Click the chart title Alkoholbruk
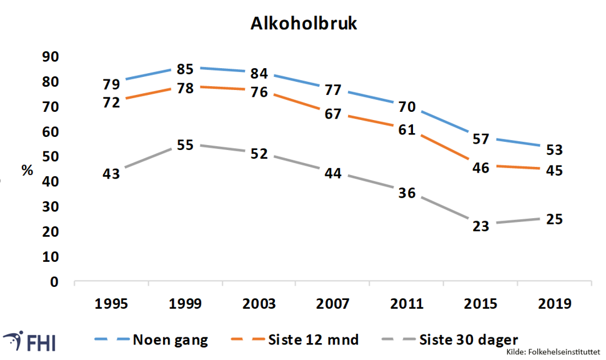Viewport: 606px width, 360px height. [304, 24]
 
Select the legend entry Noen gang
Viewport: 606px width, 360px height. [170, 340]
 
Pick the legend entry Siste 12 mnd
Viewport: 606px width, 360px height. [314, 340]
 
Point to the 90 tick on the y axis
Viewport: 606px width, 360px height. [49, 57]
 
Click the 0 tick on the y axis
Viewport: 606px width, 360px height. [54, 282]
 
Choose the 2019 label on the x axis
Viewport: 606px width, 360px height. [555, 304]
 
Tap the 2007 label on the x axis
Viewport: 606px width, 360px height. [333, 304]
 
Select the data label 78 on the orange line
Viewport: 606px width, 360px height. [186, 88]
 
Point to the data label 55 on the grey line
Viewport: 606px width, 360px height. [186, 145]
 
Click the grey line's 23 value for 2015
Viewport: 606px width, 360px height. [481, 226]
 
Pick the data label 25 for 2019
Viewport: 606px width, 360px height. [554, 219]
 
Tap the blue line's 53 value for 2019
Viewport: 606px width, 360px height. [554, 150]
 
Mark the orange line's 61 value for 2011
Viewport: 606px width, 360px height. [407, 129]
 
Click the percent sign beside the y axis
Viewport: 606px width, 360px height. [27, 170]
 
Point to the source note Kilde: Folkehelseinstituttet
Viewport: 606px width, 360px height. [553, 354]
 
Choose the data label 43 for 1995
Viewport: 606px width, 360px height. [111, 174]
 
